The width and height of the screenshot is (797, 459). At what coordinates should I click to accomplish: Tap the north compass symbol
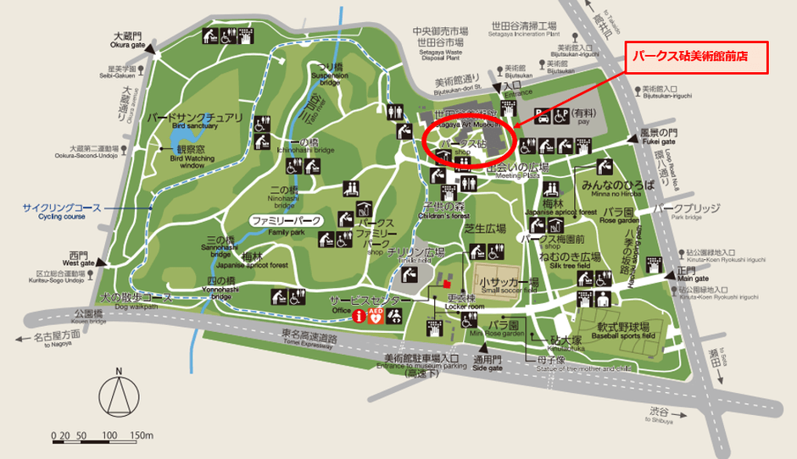coord(119,396)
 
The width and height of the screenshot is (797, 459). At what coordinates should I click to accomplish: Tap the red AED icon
coord(375,315)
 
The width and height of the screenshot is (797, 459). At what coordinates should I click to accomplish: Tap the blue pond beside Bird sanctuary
coord(181,135)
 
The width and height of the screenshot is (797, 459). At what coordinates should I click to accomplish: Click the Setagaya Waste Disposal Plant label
coord(438,47)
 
